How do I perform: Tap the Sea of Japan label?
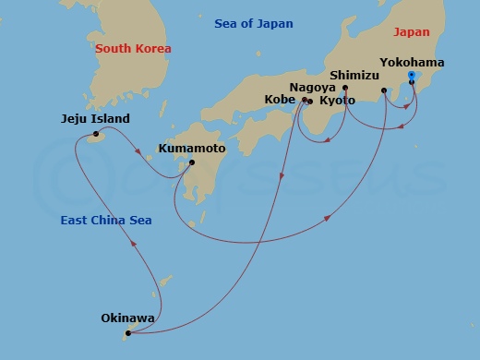point(253,23)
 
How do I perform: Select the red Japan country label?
point(411,31)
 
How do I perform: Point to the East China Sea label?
point(106,220)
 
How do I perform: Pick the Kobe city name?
point(281,100)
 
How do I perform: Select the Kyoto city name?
point(336,100)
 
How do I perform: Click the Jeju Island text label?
point(95,119)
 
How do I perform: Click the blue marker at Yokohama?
point(411,76)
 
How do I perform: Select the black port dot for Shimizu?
point(384,90)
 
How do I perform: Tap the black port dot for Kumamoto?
point(192,163)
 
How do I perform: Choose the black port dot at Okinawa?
point(127,333)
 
